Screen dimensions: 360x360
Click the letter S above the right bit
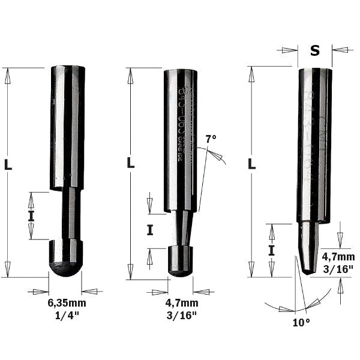pyautogui.click(x=314, y=51)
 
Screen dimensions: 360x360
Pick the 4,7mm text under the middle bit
pyautogui.click(x=181, y=304)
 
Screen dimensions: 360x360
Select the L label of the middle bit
pyautogui.click(x=131, y=163)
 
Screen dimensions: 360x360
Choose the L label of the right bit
pyautogui.click(x=252, y=163)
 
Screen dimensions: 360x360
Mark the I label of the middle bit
pyautogui.click(x=150, y=229)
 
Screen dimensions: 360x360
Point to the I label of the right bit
pyautogui.click(x=272, y=250)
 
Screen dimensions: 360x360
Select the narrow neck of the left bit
pyautogui.click(x=70, y=213)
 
